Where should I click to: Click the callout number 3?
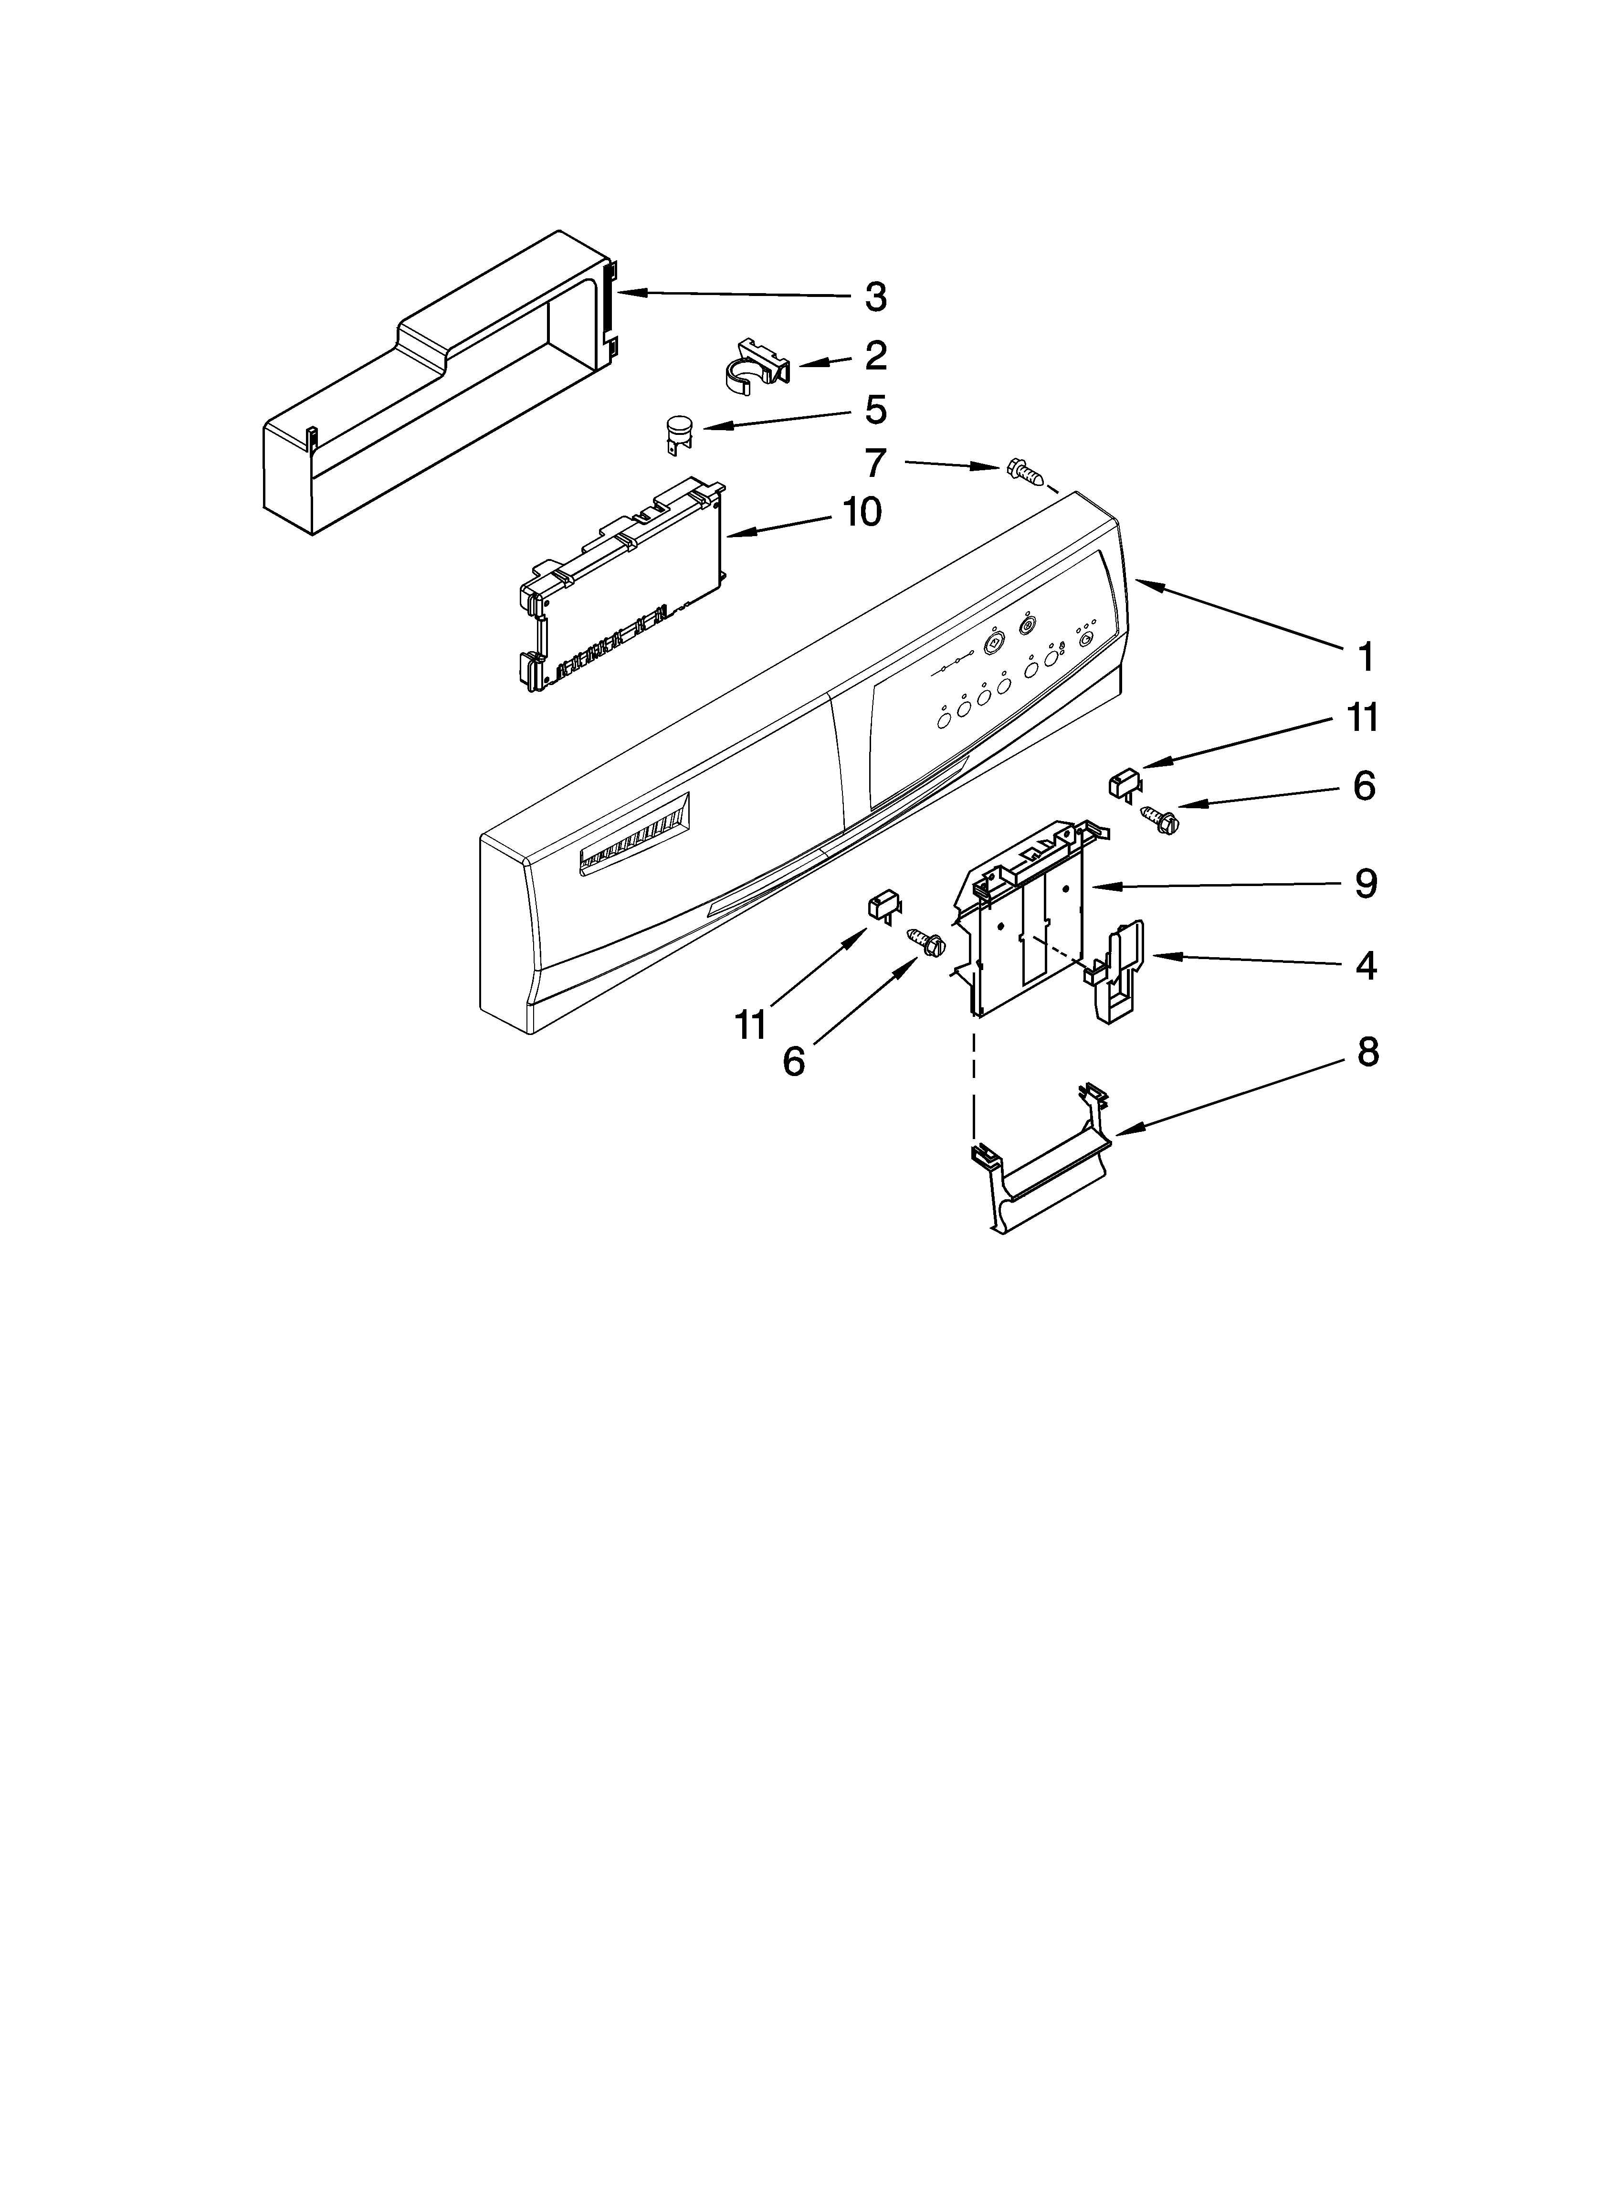876,297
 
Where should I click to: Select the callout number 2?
875,356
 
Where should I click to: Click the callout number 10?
861,512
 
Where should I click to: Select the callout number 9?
1366,884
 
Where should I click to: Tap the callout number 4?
1366,966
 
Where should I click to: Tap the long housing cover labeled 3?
438,384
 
